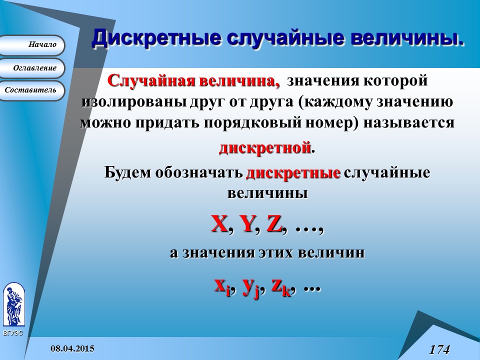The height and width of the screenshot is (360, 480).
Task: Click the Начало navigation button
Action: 32,45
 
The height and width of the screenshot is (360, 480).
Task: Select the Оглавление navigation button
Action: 32,68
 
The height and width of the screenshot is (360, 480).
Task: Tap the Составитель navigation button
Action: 32,90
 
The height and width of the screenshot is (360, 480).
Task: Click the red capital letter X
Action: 219,225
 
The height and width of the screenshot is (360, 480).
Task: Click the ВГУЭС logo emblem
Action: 13,305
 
